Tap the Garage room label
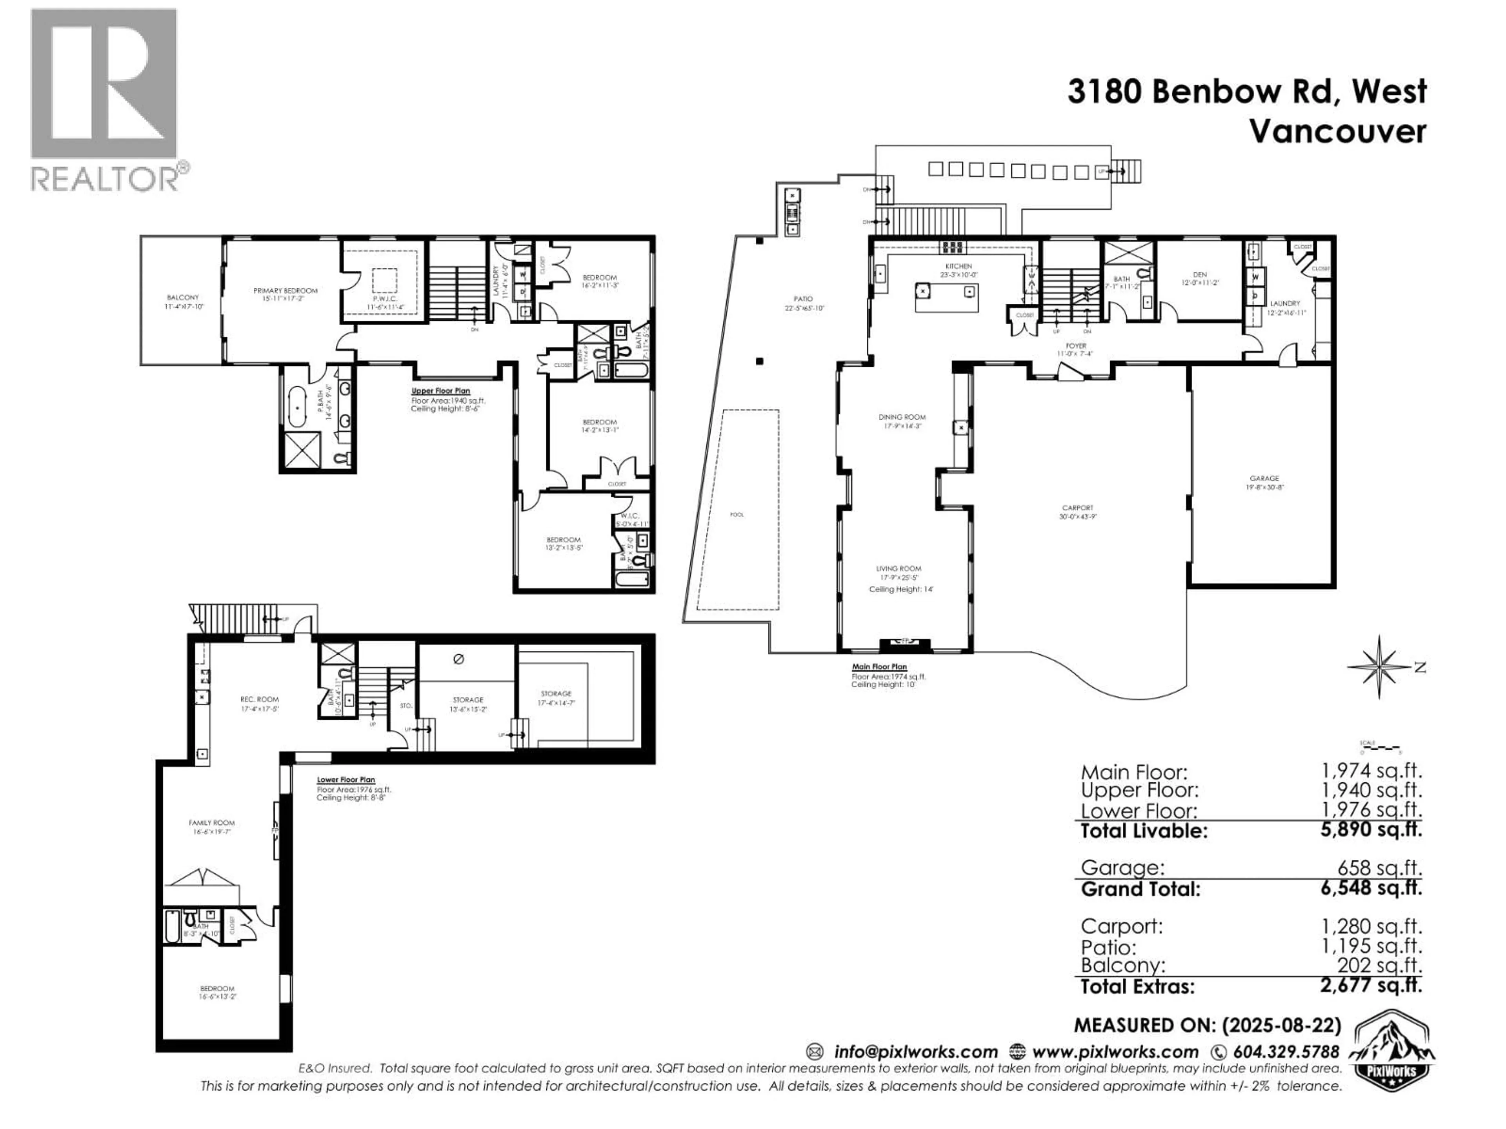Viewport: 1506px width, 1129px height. click(1264, 478)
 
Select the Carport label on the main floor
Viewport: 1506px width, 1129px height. click(1077, 508)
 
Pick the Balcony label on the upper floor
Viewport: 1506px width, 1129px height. click(182, 298)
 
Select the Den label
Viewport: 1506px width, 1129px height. click(1200, 275)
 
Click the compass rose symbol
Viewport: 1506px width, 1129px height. click(1379, 667)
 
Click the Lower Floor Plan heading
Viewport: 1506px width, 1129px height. click(346, 780)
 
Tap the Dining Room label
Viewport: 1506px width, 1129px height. click(902, 417)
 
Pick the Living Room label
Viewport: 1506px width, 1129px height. click(899, 568)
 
